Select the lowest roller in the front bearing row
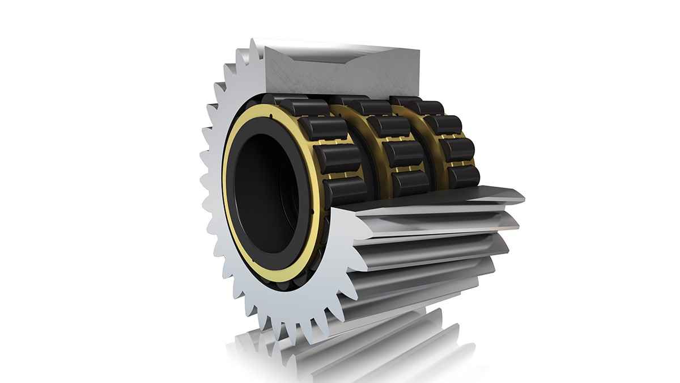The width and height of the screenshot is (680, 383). [346, 191]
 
